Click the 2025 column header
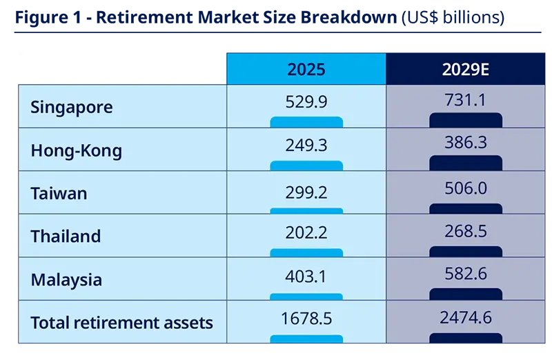pyautogui.click(x=306, y=70)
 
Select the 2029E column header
pyautogui.click(x=465, y=70)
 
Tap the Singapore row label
pyautogui.click(x=72, y=108)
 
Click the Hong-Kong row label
pyautogui.click(x=77, y=150)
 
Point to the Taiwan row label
pyautogui.click(x=59, y=194)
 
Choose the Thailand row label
pyautogui.click(x=66, y=236)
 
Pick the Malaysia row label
pyautogui.click(x=66, y=280)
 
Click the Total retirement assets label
pyautogui.click(x=122, y=323)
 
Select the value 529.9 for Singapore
pyautogui.click(x=306, y=101)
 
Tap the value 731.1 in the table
pyautogui.click(x=465, y=99)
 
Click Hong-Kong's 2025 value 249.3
pyautogui.click(x=306, y=145)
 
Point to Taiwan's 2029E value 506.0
pyautogui.click(x=466, y=188)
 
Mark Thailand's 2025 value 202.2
pyautogui.click(x=306, y=232)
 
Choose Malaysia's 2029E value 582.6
pyautogui.click(x=466, y=274)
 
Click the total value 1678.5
pyautogui.click(x=306, y=319)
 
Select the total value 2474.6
pyautogui.click(x=466, y=317)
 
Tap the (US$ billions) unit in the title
pyautogui.click(x=453, y=17)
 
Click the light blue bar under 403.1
pyautogui.click(x=306, y=297)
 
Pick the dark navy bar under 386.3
pyautogui.click(x=466, y=163)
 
